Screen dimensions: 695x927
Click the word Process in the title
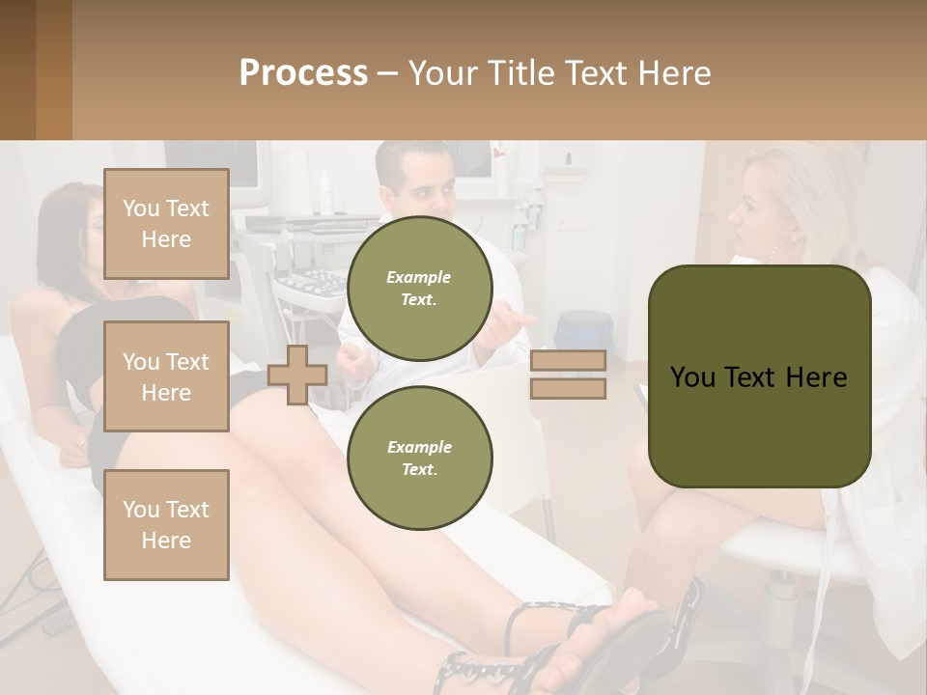coord(303,73)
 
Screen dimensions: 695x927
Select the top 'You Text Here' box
coord(166,224)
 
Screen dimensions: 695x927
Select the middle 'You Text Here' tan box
coord(166,376)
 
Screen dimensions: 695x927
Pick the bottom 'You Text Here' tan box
coord(166,525)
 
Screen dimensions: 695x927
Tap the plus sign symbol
coord(297,375)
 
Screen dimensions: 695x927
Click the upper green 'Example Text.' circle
coord(419,288)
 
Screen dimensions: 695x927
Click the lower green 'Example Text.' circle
coord(419,458)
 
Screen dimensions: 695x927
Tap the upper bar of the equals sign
coord(568,360)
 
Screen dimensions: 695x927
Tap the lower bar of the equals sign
coord(568,389)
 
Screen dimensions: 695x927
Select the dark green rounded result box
coord(759,376)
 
